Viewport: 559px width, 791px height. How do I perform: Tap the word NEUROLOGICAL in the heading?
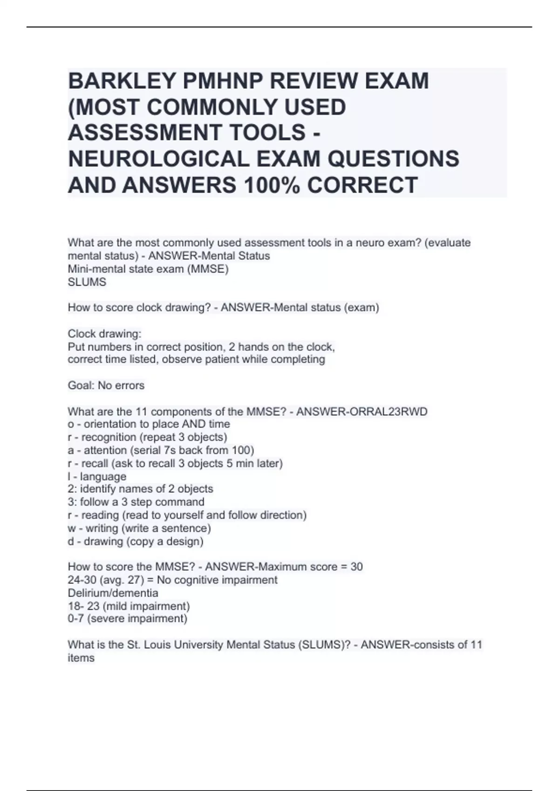coord(159,160)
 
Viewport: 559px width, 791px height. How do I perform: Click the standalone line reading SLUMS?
coord(87,282)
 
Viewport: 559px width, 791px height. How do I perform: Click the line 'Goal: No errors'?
coord(106,386)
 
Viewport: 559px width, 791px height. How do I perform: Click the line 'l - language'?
coord(97,476)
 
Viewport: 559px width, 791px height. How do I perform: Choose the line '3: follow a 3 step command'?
coord(136,503)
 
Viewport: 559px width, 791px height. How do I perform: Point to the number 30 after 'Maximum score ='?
coord(356,567)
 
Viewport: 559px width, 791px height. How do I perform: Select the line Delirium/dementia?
coord(113,593)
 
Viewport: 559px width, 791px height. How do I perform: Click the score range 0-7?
coord(75,619)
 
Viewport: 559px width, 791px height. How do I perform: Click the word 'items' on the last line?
coord(81,658)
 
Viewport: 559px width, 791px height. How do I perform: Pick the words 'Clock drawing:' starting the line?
coord(104,334)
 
